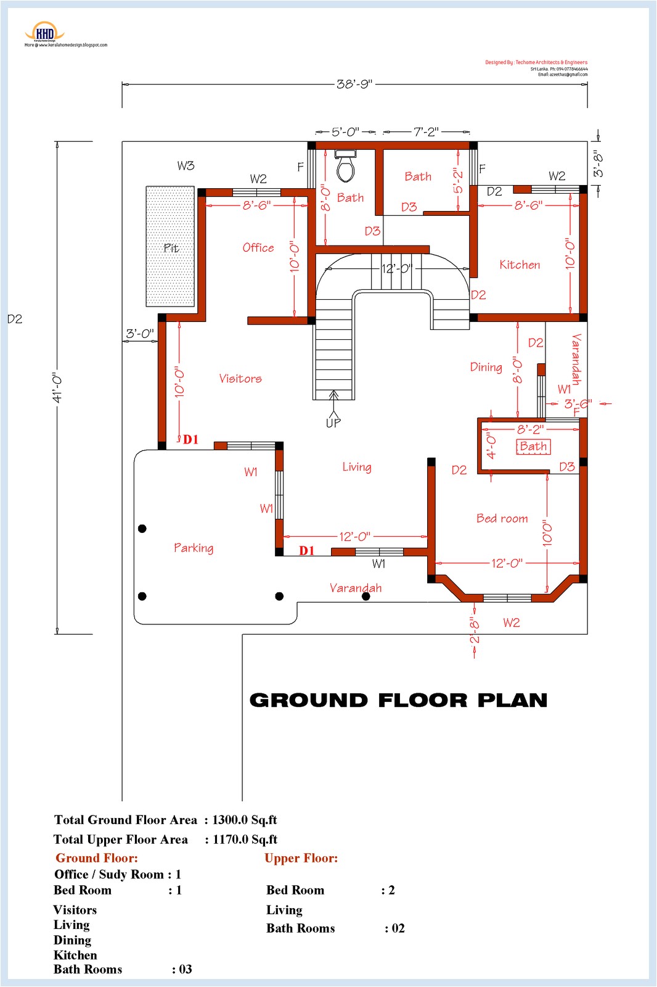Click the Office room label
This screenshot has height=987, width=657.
point(258,247)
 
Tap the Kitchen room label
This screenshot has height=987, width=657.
point(520,265)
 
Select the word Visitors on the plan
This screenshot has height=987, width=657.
point(240,378)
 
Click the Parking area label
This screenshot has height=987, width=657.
point(194,548)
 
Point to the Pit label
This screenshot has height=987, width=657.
point(171,248)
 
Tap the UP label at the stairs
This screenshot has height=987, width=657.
point(333,423)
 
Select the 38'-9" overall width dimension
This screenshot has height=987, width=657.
point(354,84)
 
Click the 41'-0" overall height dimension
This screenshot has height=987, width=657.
point(57,387)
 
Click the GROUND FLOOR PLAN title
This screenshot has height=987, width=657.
point(398,700)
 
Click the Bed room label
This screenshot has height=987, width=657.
point(502,518)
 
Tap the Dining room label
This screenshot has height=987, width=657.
point(486,367)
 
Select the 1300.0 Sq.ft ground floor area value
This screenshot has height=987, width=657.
point(244,820)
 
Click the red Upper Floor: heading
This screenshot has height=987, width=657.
point(301,858)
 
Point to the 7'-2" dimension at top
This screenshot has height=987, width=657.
point(426,131)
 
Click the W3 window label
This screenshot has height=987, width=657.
point(186,165)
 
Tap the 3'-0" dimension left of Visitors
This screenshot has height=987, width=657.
point(140,334)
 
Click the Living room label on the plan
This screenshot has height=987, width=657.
point(357,467)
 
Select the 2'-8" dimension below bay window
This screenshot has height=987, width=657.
point(474,630)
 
